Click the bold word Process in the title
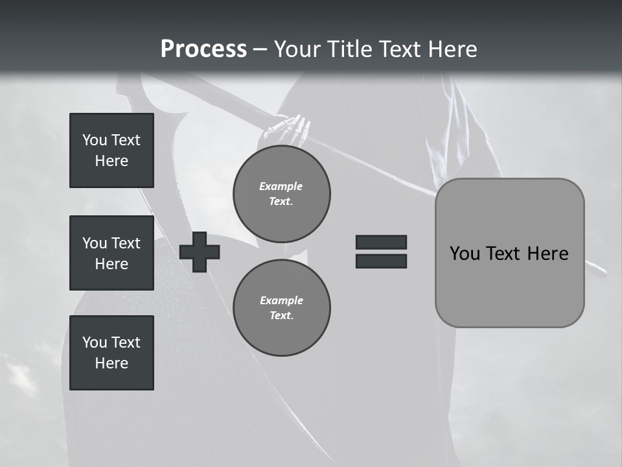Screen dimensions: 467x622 click(x=203, y=49)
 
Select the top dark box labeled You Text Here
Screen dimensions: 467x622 click(x=111, y=150)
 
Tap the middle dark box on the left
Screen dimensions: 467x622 click(x=111, y=253)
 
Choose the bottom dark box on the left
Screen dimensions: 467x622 click(x=111, y=353)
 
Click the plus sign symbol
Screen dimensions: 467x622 click(x=200, y=252)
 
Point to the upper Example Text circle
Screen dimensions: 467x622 click(x=282, y=194)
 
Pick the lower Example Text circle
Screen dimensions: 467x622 click(x=282, y=308)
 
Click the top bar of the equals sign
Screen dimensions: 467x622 click(x=381, y=242)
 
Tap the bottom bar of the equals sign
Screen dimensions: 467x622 click(x=381, y=261)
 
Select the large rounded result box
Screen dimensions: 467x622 click(x=509, y=253)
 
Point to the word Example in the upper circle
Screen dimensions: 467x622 click(x=281, y=186)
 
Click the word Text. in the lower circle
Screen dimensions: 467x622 click(x=281, y=316)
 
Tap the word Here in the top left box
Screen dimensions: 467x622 click(x=111, y=161)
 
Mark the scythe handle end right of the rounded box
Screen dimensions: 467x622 click(x=597, y=269)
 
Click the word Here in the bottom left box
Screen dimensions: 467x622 click(x=111, y=363)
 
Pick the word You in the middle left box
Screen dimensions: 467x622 click(x=95, y=243)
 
